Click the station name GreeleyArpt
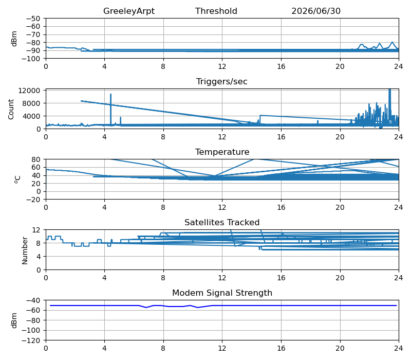(x=129, y=11)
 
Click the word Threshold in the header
(x=216, y=11)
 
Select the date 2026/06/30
(x=316, y=11)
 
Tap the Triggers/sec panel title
(x=222, y=81)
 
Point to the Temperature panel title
(x=222, y=152)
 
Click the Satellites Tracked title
(x=222, y=222)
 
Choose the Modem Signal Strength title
(x=222, y=293)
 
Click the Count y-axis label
(x=11, y=110)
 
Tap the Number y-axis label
(x=25, y=250)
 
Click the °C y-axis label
(x=17, y=179)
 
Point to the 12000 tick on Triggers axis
(x=29, y=91)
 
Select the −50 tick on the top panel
(x=33, y=19)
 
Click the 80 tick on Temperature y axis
(x=36, y=159)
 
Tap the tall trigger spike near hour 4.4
(x=110, y=110)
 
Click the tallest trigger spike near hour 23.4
(x=390, y=105)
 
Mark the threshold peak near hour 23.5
(x=392, y=42)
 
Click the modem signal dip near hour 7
(x=146, y=307)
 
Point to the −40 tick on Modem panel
(x=33, y=300)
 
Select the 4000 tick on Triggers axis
(x=31, y=116)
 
